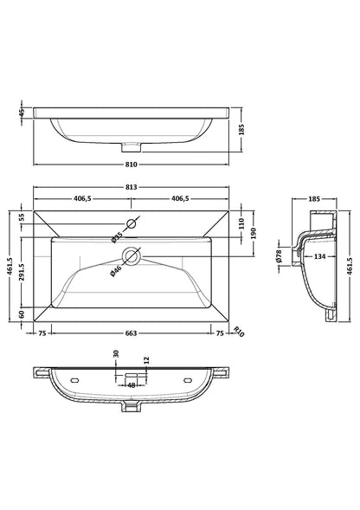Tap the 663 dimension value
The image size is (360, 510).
pyautogui.click(x=132, y=332)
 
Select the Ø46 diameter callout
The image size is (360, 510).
pyautogui.click(x=115, y=271)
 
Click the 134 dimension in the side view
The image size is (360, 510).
pyautogui.click(x=318, y=255)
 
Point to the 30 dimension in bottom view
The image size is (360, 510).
pyautogui.click(x=115, y=354)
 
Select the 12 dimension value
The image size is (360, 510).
pyautogui.click(x=147, y=360)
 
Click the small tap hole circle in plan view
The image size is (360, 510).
pyautogui.click(x=132, y=225)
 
